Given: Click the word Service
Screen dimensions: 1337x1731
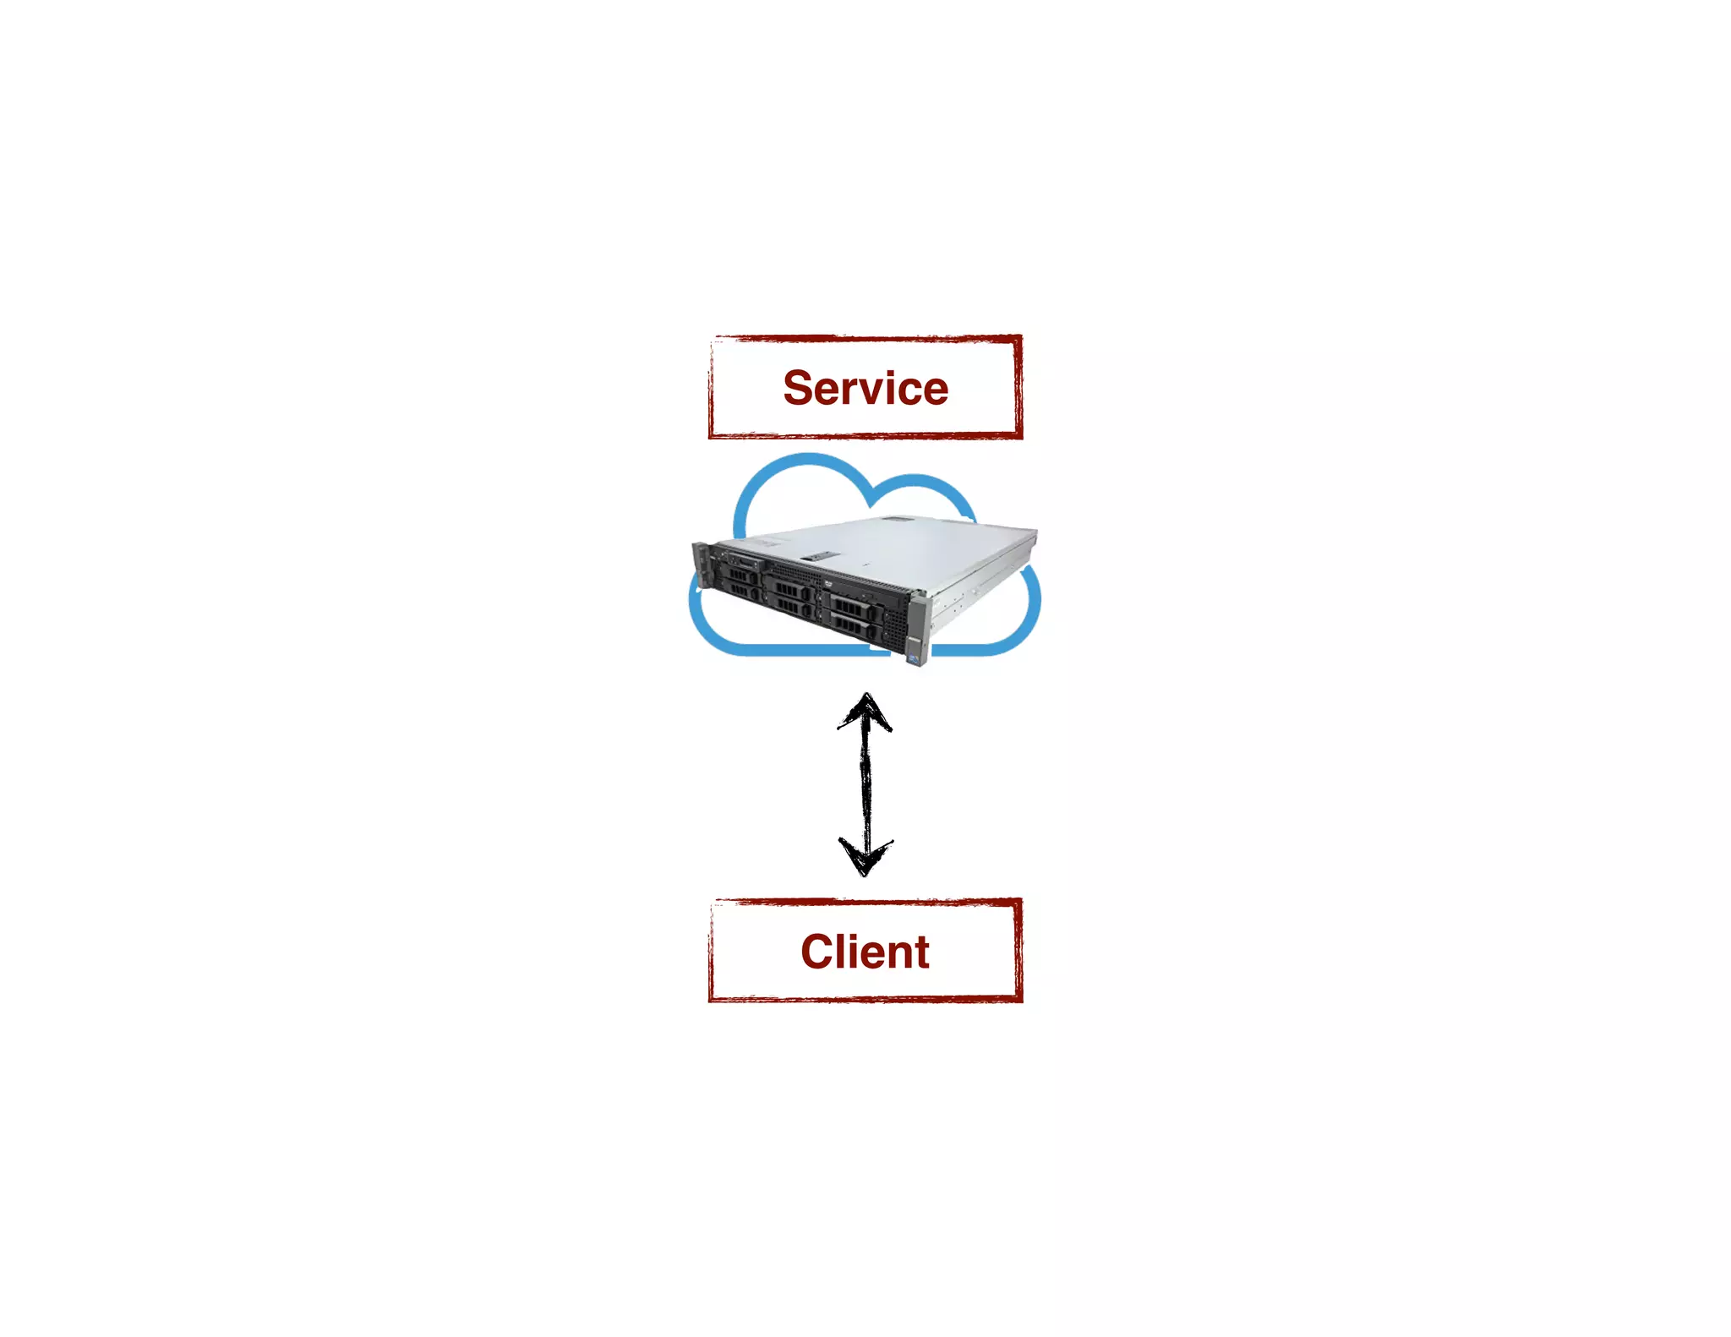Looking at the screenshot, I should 865,388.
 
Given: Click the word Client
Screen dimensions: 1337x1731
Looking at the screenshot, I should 865,952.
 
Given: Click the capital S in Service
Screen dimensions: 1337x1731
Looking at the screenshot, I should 800,388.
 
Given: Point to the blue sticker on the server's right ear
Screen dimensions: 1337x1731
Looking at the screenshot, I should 914,652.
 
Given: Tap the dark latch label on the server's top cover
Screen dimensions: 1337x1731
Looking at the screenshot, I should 819,556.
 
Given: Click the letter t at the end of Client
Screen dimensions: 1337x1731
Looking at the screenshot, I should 921,952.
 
